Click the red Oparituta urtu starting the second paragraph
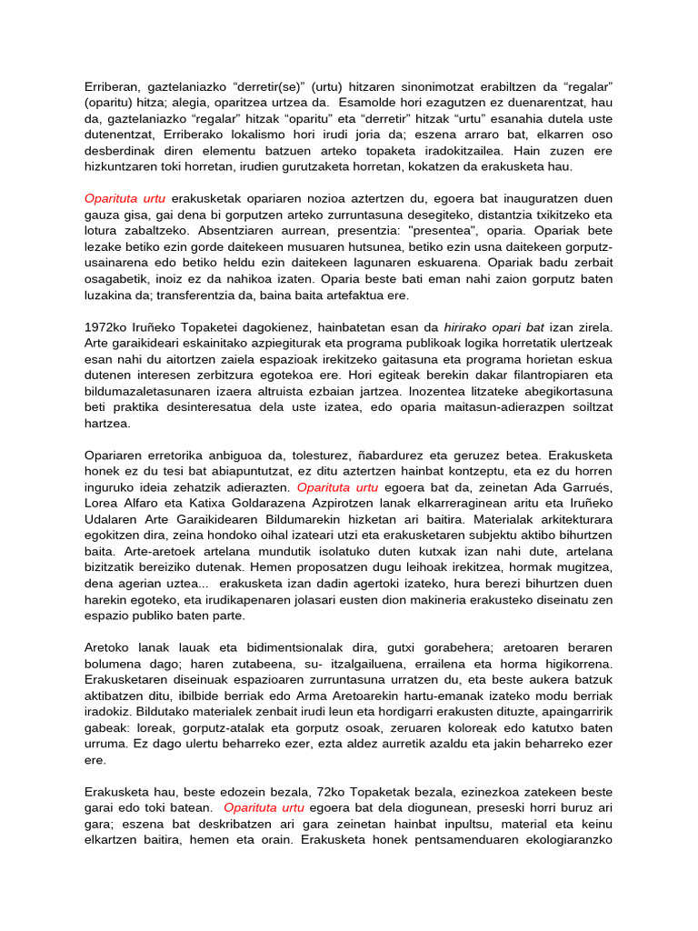125,199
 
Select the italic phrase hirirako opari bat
495,327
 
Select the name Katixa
236,505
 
